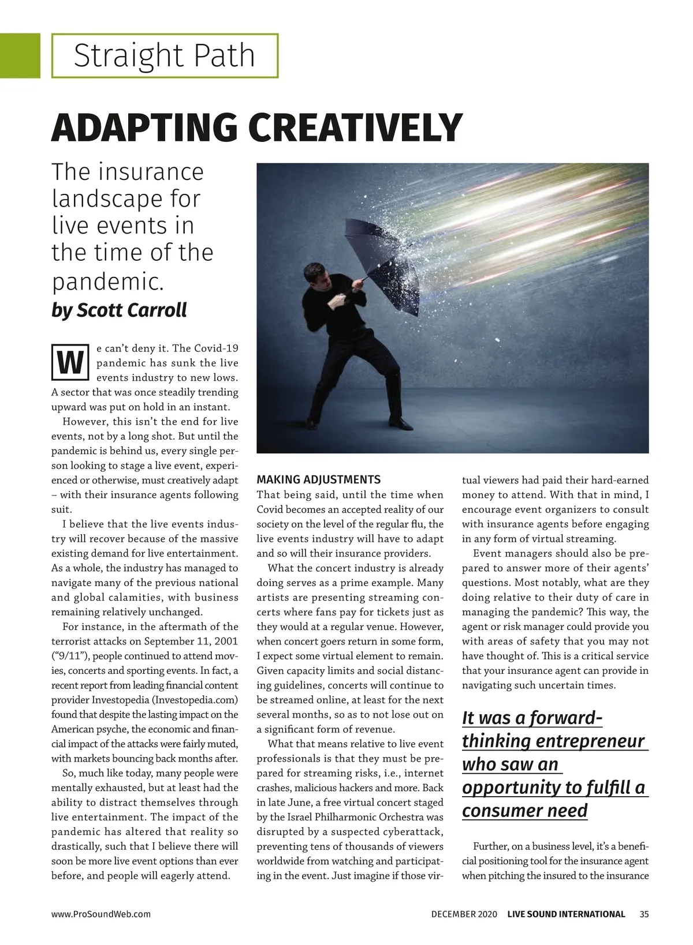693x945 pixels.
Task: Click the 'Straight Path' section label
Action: click(164, 55)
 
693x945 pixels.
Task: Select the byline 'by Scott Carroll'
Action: click(119, 310)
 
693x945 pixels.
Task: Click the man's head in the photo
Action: click(316, 276)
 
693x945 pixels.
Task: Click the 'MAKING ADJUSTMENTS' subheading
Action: click(318, 479)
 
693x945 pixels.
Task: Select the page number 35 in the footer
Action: click(644, 914)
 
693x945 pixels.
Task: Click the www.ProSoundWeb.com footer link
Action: click(101, 914)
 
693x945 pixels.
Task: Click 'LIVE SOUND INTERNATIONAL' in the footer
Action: click(566, 914)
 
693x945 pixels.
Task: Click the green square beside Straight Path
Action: click(20, 55)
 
